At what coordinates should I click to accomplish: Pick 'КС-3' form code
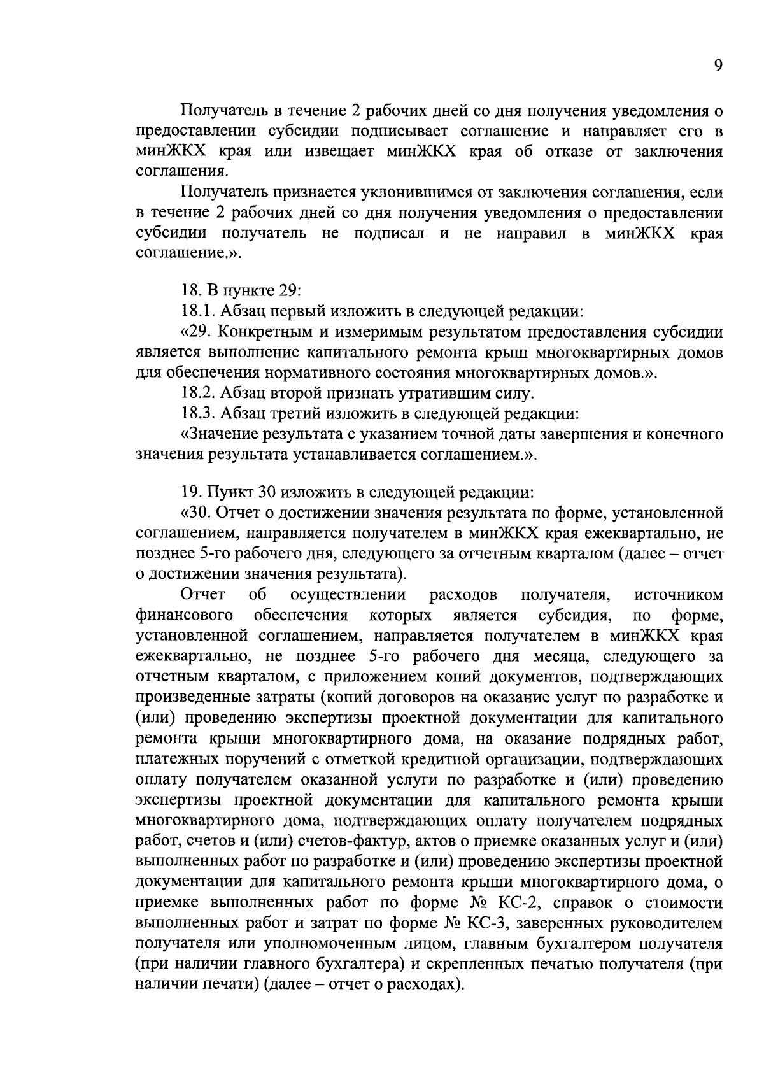click(x=488, y=923)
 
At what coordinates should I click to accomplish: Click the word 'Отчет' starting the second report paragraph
click(x=203, y=595)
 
